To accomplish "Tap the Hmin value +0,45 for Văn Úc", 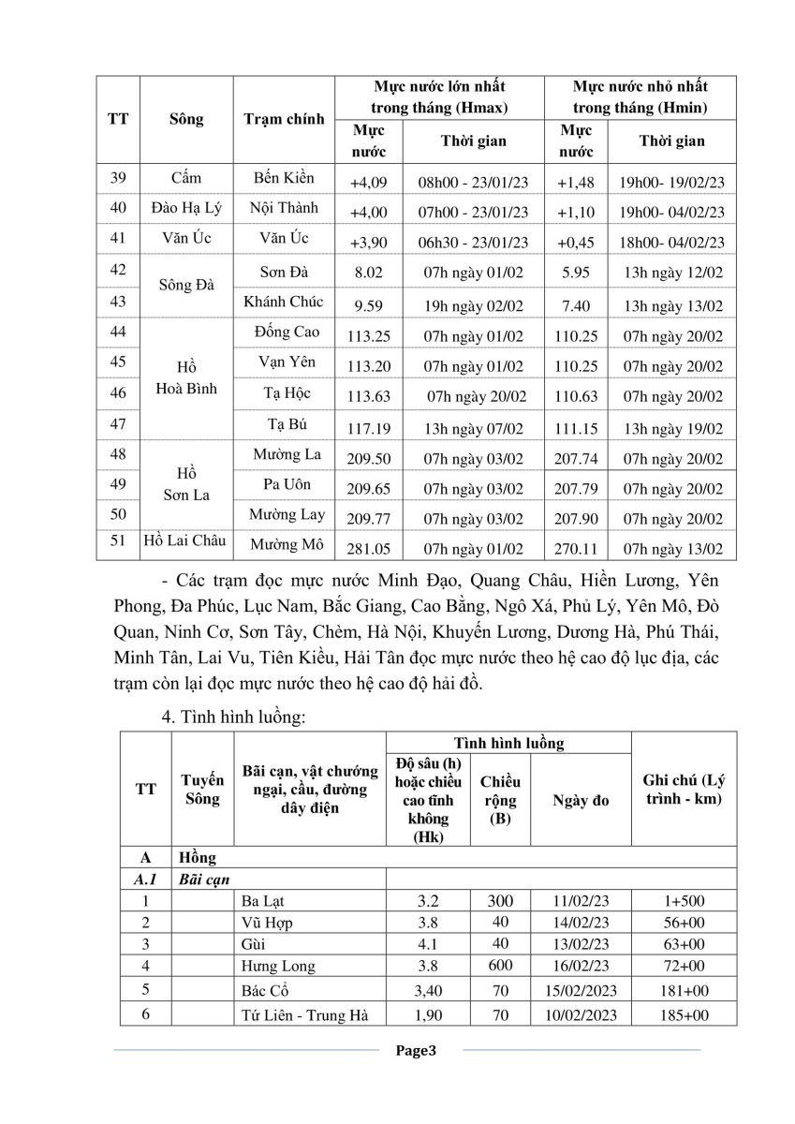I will tap(575, 243).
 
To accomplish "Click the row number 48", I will tap(118, 455).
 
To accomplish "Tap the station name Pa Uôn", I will tap(287, 485).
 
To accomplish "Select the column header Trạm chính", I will tap(284, 119).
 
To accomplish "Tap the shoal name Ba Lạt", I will tap(261, 902).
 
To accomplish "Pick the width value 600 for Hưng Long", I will tap(500, 965).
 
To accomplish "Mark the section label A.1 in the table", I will tap(146, 880).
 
